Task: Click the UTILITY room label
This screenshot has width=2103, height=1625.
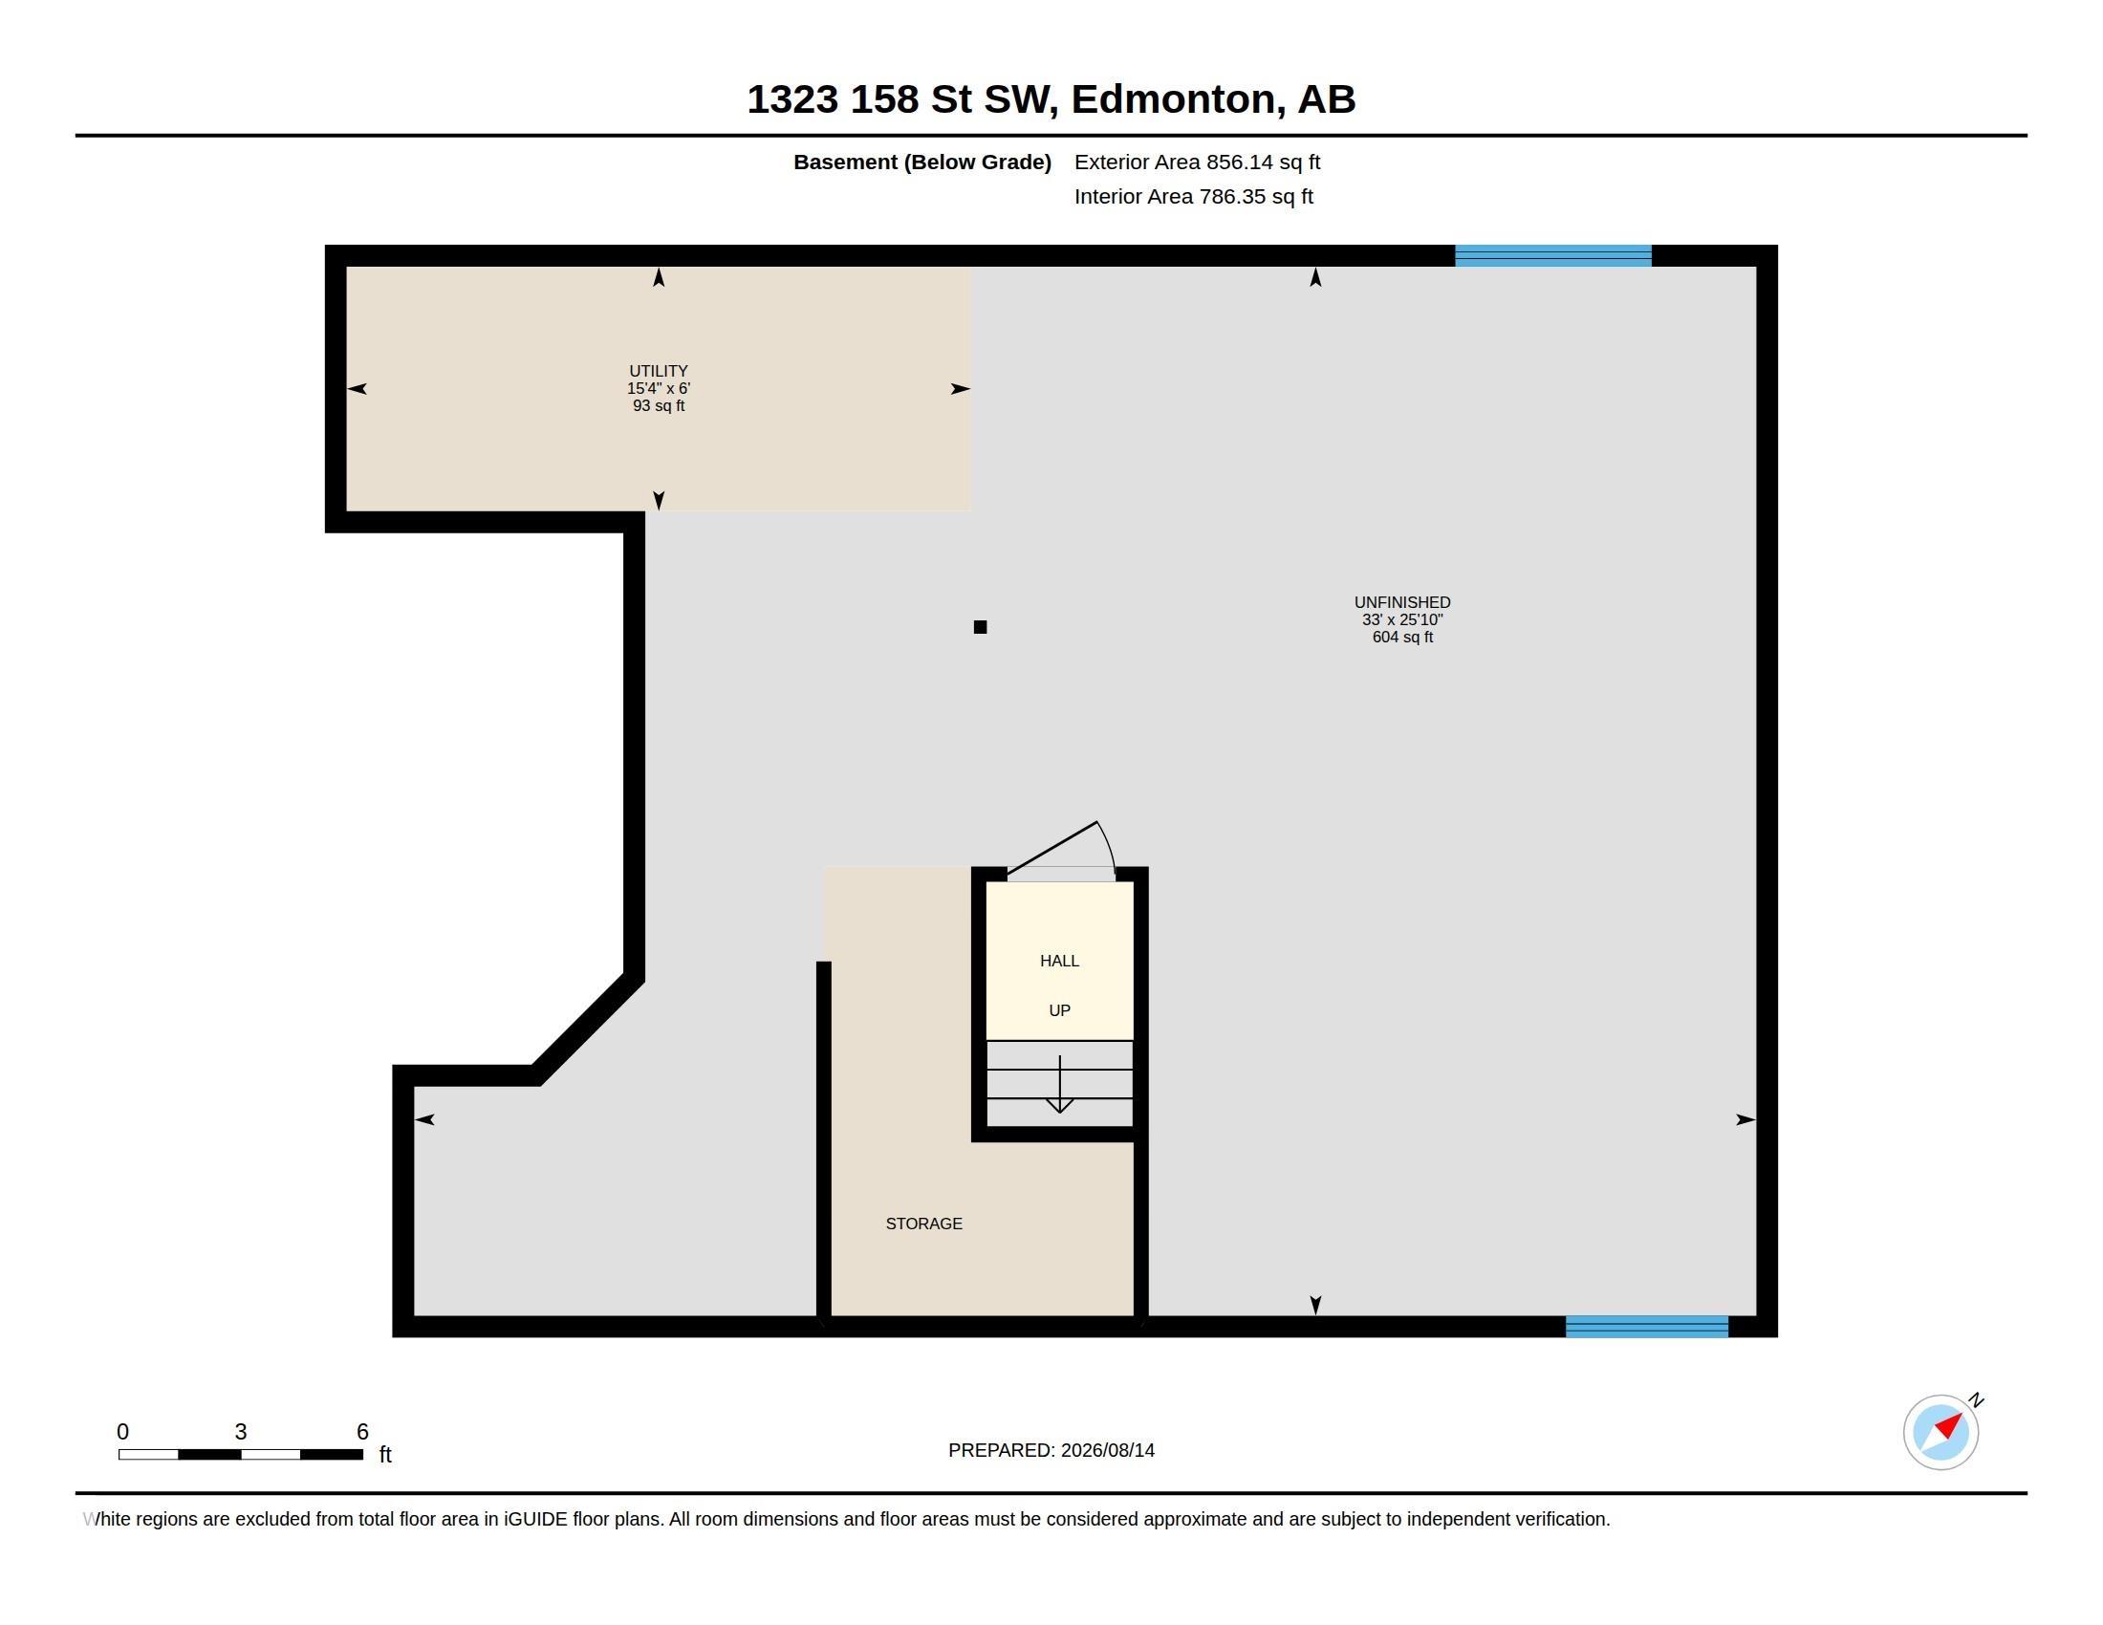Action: coord(659,371)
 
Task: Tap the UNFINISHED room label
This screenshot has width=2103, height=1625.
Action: coord(1402,602)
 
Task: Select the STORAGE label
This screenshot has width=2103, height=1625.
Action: coord(923,1224)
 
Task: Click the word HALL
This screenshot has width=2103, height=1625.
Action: coord(1059,961)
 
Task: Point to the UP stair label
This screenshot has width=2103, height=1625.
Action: coord(1059,1010)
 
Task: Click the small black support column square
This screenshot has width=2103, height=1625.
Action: coord(980,627)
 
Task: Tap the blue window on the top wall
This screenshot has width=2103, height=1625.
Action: coord(1553,255)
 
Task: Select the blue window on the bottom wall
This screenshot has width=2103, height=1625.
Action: coord(1647,1327)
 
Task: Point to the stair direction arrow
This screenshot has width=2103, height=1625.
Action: coord(1060,1084)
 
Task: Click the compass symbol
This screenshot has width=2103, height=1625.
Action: coord(1941,1431)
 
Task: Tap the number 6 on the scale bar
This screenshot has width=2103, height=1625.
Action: coord(362,1432)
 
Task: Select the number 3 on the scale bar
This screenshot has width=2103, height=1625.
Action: coord(241,1432)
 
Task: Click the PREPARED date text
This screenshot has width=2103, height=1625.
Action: coord(1051,1451)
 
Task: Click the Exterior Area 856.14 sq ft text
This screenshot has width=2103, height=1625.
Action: coord(1197,162)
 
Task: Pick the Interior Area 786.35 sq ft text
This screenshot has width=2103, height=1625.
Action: coord(1194,197)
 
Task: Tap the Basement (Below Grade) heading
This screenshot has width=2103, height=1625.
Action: coord(922,162)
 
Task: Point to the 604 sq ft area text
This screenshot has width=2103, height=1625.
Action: coord(1403,638)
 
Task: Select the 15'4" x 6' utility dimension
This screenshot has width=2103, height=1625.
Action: coord(659,389)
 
